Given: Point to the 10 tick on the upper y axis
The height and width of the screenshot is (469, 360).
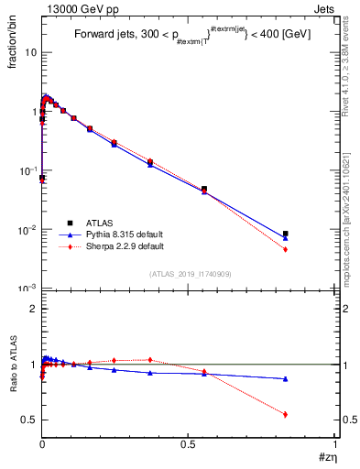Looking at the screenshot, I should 30,52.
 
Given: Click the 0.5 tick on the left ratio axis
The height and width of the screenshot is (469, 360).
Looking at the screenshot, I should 29,420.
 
